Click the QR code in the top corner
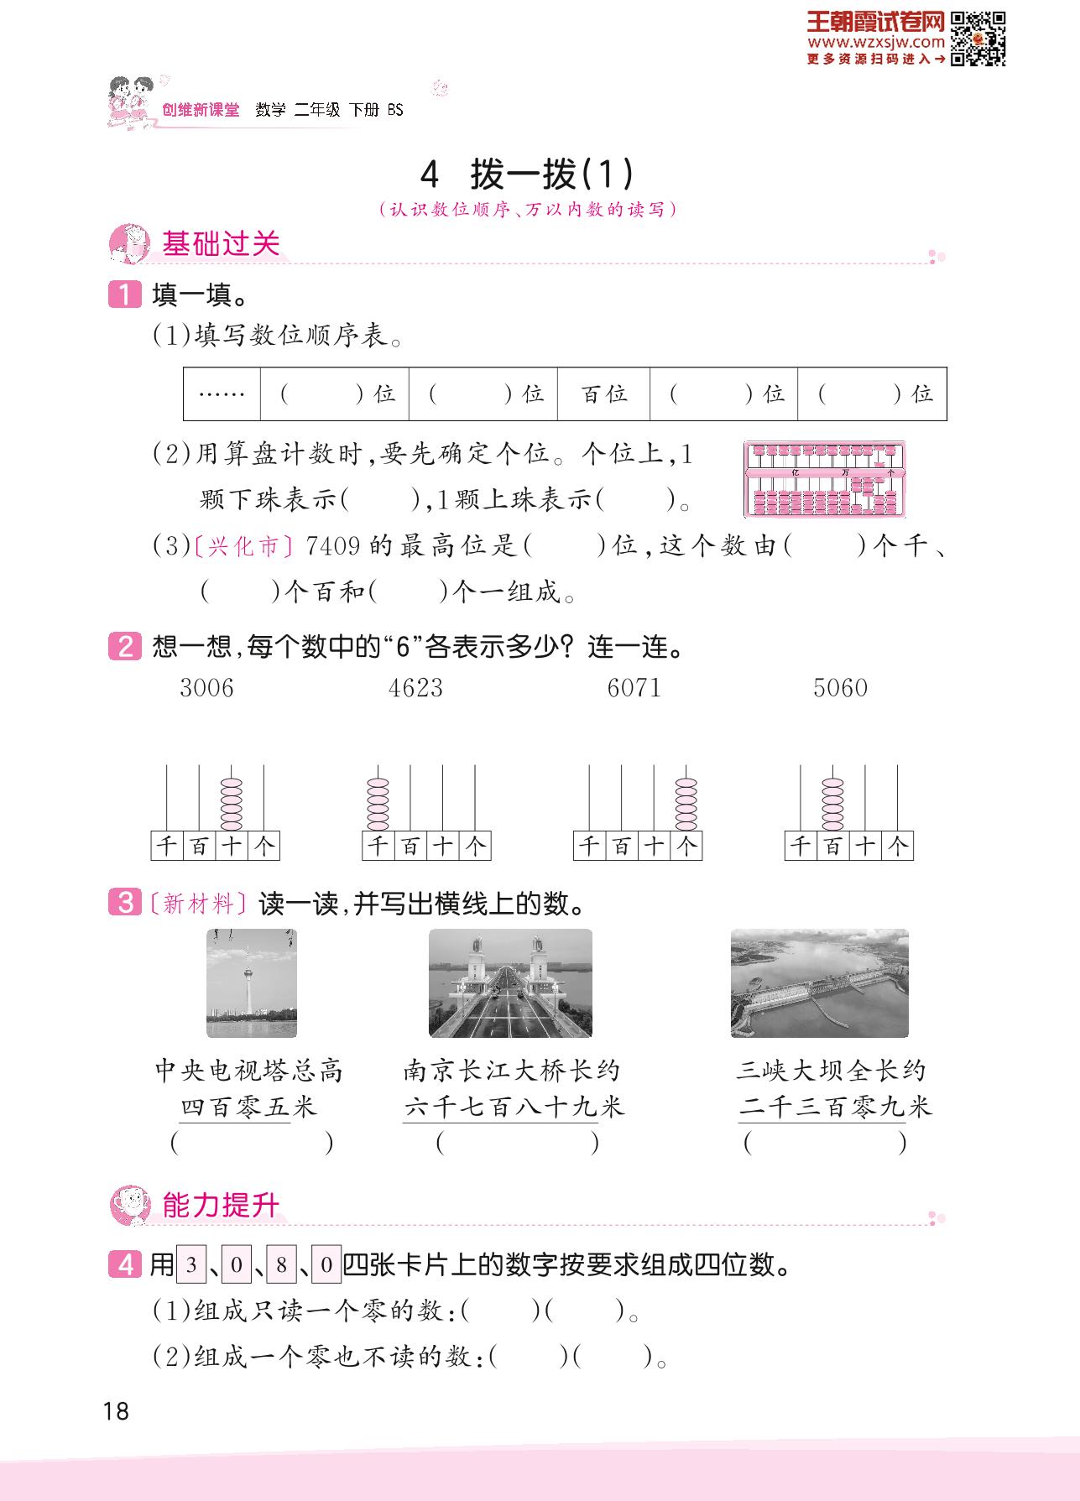pyautogui.click(x=978, y=39)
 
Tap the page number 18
pyautogui.click(x=116, y=1411)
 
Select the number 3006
pyautogui.click(x=206, y=688)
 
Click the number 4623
pyautogui.click(x=415, y=688)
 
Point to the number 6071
pyautogui.click(x=634, y=688)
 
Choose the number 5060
pyautogui.click(x=840, y=688)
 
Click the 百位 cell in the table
pyautogui.click(x=603, y=393)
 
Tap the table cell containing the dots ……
pyautogui.click(x=222, y=393)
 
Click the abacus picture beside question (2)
pyautogui.click(x=825, y=479)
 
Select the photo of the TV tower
pyautogui.click(x=252, y=983)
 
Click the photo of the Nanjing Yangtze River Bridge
pyautogui.click(x=510, y=983)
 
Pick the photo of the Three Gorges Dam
pyautogui.click(x=820, y=983)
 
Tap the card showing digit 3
pyautogui.click(x=191, y=1264)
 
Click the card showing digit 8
pyautogui.click(x=281, y=1264)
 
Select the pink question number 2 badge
pyautogui.click(x=125, y=647)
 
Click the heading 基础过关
pyautogui.click(x=221, y=244)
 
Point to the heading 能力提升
pyautogui.click(x=221, y=1206)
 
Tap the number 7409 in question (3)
pyautogui.click(x=333, y=546)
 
